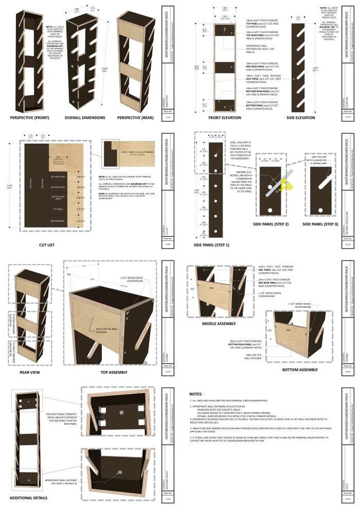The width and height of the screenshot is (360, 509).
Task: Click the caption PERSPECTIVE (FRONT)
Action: [30, 117]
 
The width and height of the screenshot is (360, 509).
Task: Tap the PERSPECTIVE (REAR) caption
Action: [135, 117]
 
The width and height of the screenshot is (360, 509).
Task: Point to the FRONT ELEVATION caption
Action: [225, 117]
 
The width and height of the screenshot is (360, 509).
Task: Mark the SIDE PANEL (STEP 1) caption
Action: [212, 245]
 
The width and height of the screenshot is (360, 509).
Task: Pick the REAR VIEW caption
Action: [30, 372]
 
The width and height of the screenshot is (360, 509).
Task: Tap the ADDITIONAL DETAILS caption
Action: [29, 498]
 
